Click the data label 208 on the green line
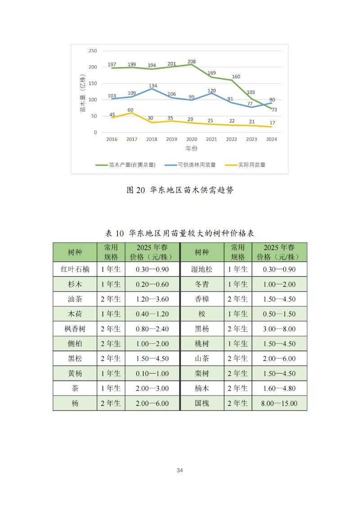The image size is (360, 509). click(191, 61)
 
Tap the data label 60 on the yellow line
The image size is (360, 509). click(130, 110)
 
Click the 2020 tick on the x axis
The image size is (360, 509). click(191, 140)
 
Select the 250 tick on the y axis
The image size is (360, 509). click(93, 51)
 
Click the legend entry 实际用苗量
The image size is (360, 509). click(252, 165)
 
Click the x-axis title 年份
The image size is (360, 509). click(191, 148)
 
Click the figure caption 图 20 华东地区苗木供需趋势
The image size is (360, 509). click(180, 190)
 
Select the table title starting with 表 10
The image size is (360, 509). click(180, 233)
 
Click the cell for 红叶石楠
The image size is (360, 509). click(75, 270)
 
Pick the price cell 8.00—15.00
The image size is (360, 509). click(279, 403)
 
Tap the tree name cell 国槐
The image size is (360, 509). click(202, 403)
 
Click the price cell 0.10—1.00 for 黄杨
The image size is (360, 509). click(153, 374)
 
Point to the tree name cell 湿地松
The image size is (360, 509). click(202, 270)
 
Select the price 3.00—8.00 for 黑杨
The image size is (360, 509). click(279, 329)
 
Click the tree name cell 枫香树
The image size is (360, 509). click(75, 329)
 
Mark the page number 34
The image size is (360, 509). click(180, 470)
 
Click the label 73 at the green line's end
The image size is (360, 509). click(274, 110)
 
